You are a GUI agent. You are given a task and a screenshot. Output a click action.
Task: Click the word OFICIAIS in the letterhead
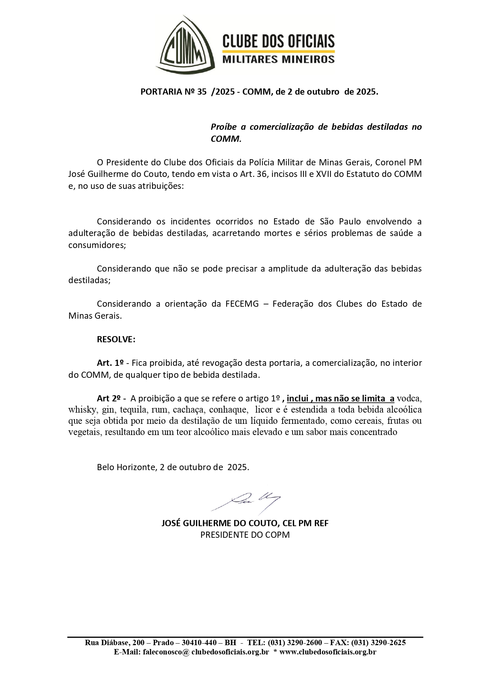coord(308,41)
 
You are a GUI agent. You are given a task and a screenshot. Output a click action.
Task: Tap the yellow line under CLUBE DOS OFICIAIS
coord(278,51)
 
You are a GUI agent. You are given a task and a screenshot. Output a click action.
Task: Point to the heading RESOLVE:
coord(116,340)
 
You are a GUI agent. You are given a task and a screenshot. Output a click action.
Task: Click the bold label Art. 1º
coord(110,363)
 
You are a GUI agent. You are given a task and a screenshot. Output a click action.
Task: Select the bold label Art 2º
coord(108,398)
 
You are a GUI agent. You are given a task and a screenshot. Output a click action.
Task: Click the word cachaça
coord(187,410)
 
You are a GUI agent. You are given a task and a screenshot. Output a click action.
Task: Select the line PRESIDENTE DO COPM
coord(245,535)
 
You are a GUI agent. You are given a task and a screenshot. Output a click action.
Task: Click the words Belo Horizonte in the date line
coord(126,467)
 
